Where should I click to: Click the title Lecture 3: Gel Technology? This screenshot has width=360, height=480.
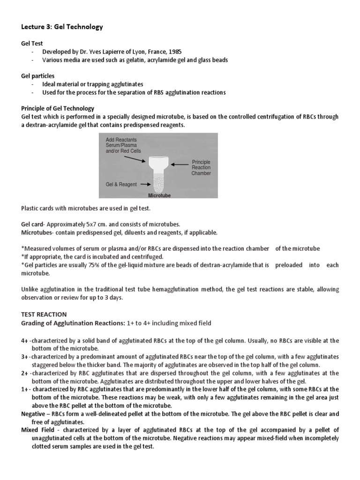[61, 27]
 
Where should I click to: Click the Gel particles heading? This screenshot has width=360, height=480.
[38, 75]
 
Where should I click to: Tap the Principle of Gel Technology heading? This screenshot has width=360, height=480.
[58, 108]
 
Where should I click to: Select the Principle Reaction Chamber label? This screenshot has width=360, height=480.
[201, 167]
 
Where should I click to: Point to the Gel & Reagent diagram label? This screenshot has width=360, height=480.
[121, 184]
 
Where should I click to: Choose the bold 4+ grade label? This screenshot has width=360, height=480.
[25, 340]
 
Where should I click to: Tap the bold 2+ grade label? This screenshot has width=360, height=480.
[25, 373]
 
